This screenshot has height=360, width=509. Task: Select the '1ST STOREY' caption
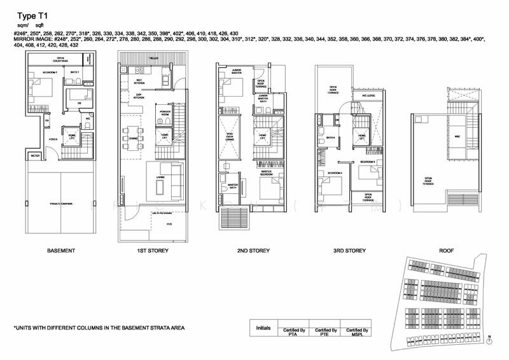point(153,251)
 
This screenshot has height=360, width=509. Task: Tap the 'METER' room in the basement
point(35,155)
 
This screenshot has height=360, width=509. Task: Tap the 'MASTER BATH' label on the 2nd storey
point(233,186)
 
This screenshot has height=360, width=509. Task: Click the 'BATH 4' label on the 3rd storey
point(330,137)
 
